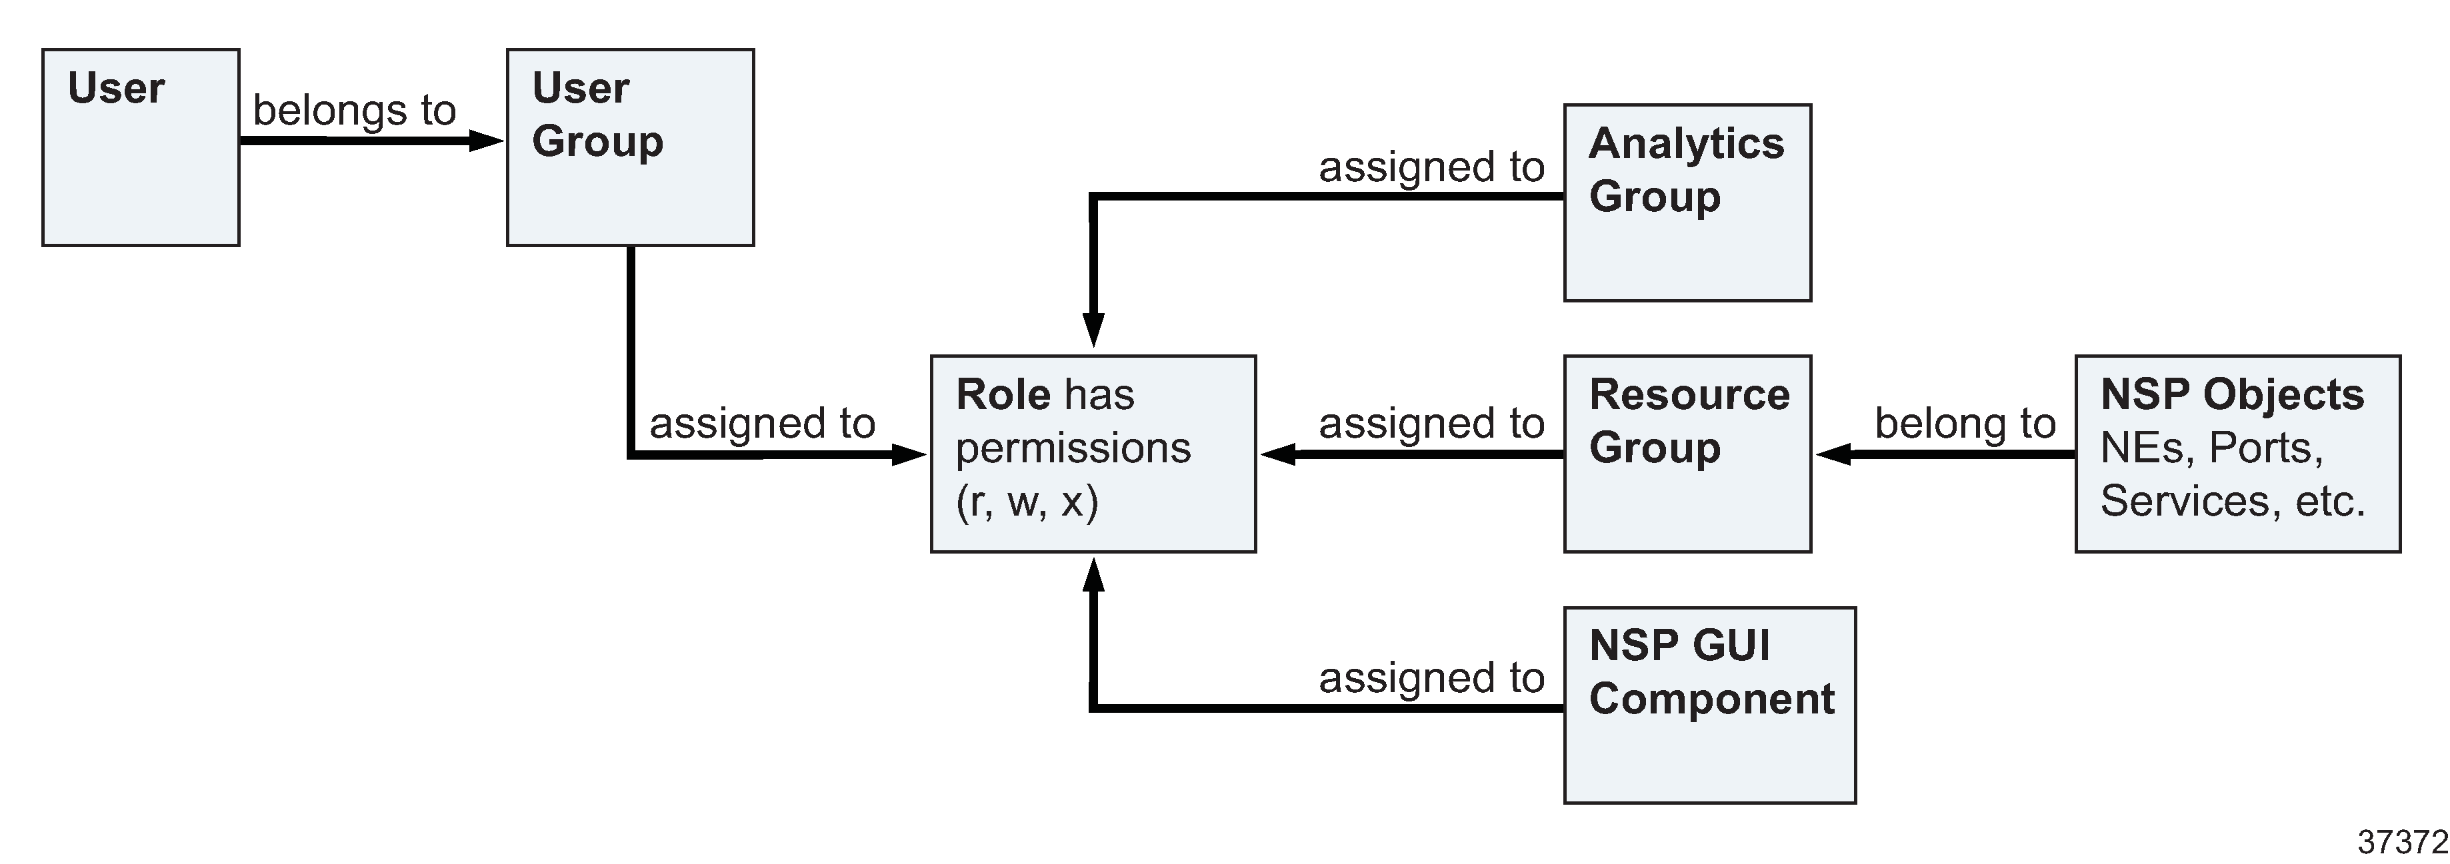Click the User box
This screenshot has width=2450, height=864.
[141, 147]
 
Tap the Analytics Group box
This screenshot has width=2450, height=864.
[1687, 203]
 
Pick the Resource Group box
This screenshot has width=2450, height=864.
[1687, 454]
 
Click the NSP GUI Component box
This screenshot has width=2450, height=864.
[1709, 705]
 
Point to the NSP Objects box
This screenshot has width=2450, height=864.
[2237, 454]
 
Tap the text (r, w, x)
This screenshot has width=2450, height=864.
[1027, 501]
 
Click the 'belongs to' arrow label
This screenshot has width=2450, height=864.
[355, 111]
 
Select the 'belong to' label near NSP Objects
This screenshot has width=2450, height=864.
[1965, 423]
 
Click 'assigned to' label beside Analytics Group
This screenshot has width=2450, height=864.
[1431, 167]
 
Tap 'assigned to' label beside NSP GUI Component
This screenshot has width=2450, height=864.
[1431, 677]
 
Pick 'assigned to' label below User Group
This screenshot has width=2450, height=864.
[762, 423]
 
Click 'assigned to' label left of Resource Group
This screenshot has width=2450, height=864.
[1431, 423]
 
